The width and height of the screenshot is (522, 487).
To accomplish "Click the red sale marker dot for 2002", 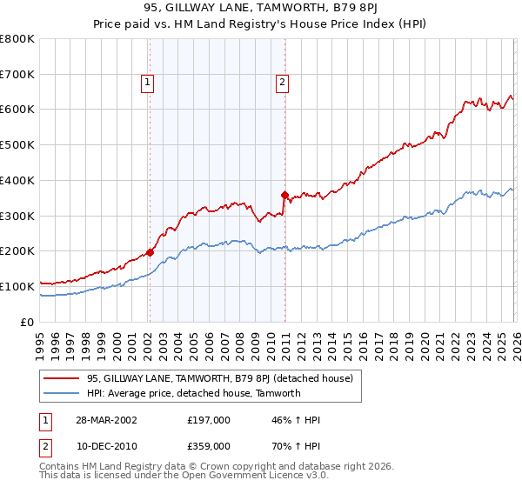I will pos(150,252).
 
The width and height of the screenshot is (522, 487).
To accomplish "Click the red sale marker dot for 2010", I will pos(284,195).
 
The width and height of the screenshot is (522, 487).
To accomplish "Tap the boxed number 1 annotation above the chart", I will pos(148,83).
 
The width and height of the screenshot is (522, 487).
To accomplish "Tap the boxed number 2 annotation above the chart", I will pos(283,83).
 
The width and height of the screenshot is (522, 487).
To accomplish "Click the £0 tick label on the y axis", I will pos(28,322).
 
